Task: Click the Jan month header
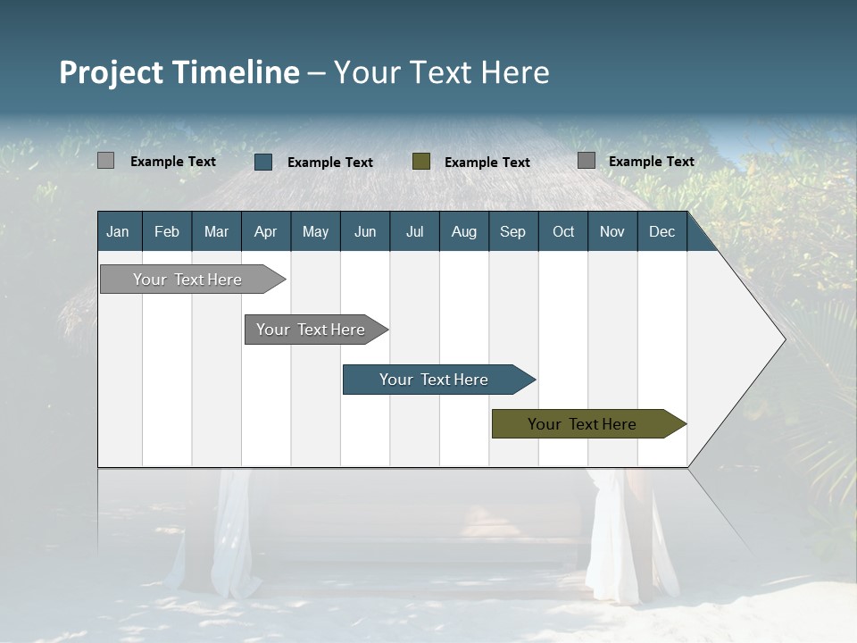pyautogui.click(x=118, y=231)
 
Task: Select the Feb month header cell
pyautogui.click(x=167, y=231)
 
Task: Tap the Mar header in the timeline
pyautogui.click(x=216, y=231)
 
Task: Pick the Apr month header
pyautogui.click(x=265, y=231)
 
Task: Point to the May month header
pyautogui.click(x=315, y=231)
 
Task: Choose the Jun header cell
pyautogui.click(x=365, y=231)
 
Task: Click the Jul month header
pyautogui.click(x=414, y=231)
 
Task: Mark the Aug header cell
pyautogui.click(x=464, y=231)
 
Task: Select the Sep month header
pyautogui.click(x=513, y=231)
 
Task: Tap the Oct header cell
pyautogui.click(x=563, y=231)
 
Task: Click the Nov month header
pyautogui.click(x=612, y=231)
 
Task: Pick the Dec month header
pyautogui.click(x=662, y=231)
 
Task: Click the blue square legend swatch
pyautogui.click(x=263, y=162)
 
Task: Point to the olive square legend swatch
pyautogui.click(x=421, y=162)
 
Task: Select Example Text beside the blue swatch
pyautogui.click(x=330, y=163)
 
